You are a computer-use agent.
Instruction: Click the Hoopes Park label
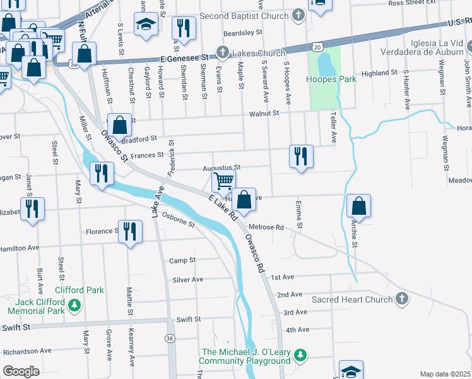tap(331, 79)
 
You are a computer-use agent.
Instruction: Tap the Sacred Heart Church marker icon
tap(401, 299)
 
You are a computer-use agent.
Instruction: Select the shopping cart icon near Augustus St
tap(223, 181)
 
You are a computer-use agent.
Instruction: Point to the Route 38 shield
tap(170, 339)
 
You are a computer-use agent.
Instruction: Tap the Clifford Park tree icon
tap(75, 306)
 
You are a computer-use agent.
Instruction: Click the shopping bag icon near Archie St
tap(358, 207)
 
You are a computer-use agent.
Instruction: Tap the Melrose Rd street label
tap(266, 227)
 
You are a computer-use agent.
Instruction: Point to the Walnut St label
tap(263, 113)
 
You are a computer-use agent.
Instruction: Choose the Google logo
tap(21, 371)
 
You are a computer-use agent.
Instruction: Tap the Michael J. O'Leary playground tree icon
tap(302, 356)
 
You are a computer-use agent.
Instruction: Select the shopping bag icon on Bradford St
tap(119, 125)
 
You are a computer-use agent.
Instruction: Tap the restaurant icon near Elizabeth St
tap(33, 208)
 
